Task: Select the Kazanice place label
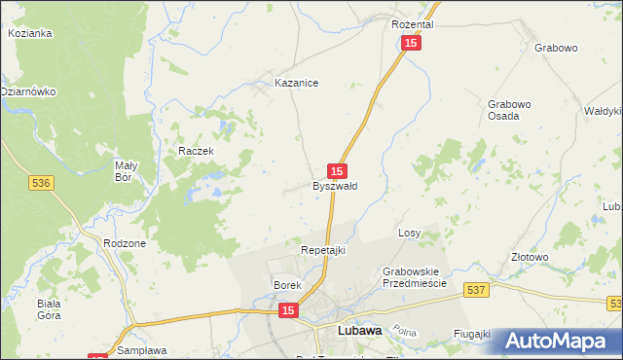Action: click(x=297, y=84)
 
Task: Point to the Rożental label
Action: click(x=412, y=23)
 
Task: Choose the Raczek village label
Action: click(x=195, y=151)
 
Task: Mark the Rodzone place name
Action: click(x=124, y=243)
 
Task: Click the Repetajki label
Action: click(x=322, y=250)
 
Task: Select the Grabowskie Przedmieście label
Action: click(x=414, y=276)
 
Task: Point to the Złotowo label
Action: click(x=530, y=257)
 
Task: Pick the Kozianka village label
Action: click(x=29, y=32)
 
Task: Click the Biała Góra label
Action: click(x=49, y=308)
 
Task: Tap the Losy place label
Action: click(x=409, y=234)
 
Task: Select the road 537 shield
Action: click(x=476, y=290)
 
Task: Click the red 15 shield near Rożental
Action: click(x=412, y=44)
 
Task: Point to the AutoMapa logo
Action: click(x=558, y=341)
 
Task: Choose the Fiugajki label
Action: click(x=471, y=334)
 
